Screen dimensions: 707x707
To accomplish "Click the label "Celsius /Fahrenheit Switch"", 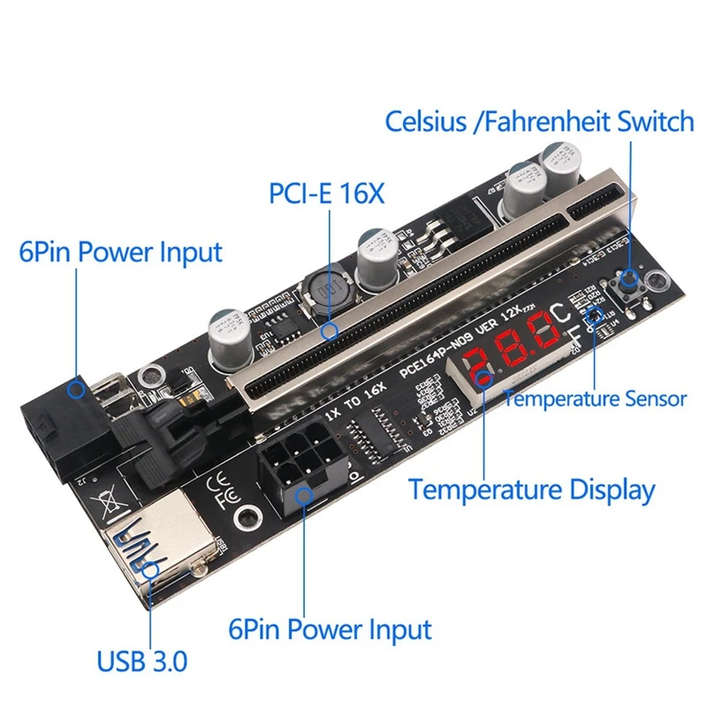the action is pyautogui.click(x=539, y=121).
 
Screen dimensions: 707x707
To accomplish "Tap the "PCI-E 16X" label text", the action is pyautogui.click(x=327, y=193).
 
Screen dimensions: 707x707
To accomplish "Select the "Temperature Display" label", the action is pyautogui.click(x=531, y=489).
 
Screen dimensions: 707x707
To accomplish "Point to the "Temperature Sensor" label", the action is pyautogui.click(x=595, y=399).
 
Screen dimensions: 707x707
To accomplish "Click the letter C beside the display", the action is pyautogui.click(x=563, y=313).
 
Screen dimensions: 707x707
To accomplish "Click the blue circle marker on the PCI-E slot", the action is pyautogui.click(x=331, y=332).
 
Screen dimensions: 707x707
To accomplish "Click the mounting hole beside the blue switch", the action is pyautogui.click(x=658, y=283).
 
